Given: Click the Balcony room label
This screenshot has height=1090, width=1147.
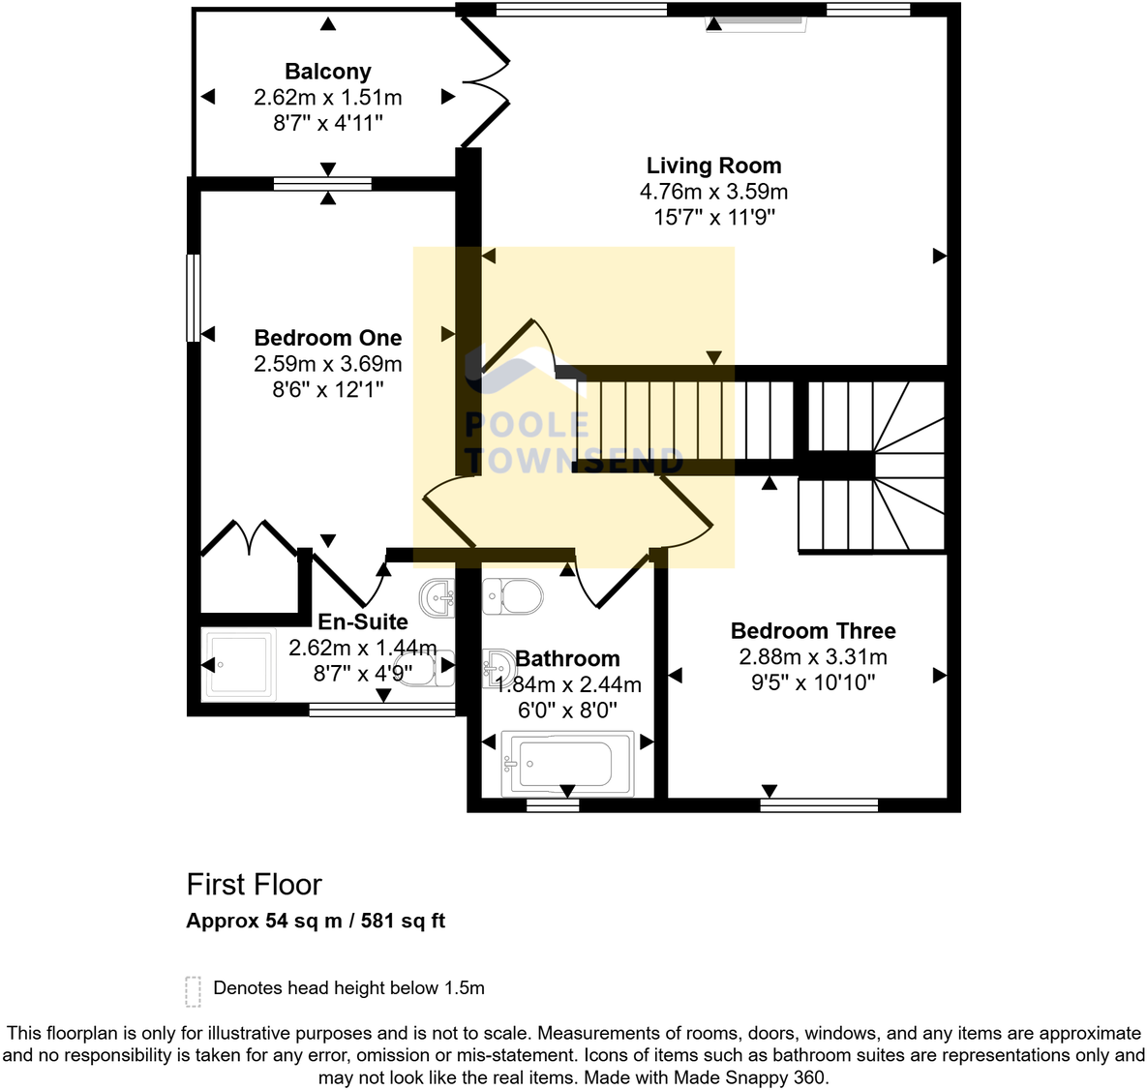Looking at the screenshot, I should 327,72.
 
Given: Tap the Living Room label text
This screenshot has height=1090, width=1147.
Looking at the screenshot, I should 713,166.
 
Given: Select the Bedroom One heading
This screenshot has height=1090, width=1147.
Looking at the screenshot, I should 327,338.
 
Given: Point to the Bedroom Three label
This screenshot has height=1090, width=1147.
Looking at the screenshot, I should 813,631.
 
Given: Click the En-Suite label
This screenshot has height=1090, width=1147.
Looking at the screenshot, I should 363,621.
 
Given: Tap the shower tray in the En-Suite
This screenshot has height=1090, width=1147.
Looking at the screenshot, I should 239,664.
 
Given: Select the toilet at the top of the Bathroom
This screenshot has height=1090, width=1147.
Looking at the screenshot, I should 513,595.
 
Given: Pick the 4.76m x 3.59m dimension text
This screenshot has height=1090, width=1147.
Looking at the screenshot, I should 713,192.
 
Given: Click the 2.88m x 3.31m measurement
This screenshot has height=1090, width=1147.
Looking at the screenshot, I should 813,657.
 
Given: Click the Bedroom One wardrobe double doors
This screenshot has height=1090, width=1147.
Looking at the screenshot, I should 249,537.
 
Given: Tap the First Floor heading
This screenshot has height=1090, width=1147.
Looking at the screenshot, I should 254,885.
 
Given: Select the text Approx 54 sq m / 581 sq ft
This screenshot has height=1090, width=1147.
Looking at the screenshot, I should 316,921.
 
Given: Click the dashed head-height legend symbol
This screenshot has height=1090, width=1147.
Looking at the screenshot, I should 194,990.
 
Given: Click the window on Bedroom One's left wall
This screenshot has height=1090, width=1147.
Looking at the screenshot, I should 194,297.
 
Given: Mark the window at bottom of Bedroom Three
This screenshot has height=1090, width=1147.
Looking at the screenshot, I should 819,804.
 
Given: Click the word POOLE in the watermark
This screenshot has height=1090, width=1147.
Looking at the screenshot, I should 528,425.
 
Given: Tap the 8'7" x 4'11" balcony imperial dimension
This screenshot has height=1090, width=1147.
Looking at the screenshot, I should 327,123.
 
